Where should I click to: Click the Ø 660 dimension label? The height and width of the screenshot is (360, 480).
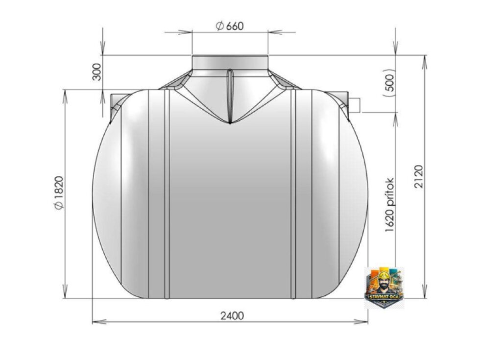coord(230,26)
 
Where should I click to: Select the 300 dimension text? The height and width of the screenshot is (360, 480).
coord(97,72)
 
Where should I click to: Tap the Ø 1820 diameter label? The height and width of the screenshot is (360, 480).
coord(59,192)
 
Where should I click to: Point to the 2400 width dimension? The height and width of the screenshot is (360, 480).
coord(232,315)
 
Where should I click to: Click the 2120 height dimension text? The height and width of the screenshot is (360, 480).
coord(418,176)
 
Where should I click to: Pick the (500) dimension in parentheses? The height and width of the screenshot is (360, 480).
coord(389,82)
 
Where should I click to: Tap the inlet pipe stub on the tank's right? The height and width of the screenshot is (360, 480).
coord(355,105)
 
